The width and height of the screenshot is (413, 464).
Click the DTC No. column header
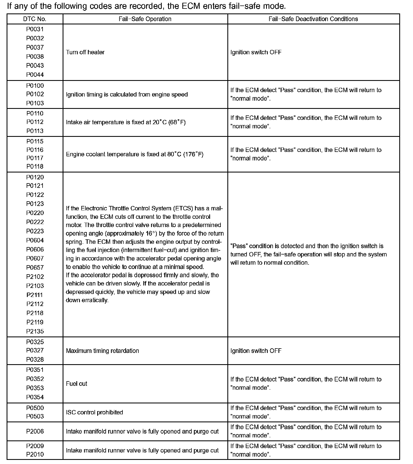tap(35, 19)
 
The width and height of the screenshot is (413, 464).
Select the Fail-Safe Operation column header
tap(145, 19)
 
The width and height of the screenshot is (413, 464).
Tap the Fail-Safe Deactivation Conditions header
tap(313, 19)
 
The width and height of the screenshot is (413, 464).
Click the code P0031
tap(35, 29)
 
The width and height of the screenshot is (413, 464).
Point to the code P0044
tap(35, 75)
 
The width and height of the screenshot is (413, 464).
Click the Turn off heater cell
tap(85, 52)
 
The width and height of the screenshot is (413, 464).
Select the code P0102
tap(35, 94)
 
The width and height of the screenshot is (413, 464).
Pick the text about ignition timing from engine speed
tap(127, 94)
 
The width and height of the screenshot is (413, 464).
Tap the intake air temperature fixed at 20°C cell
tap(126, 122)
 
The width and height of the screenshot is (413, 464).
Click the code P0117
tap(35, 158)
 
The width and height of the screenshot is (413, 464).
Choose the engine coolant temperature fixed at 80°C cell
tap(135, 154)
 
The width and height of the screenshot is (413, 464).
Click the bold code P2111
tap(35, 295)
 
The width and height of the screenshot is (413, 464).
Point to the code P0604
tap(35, 240)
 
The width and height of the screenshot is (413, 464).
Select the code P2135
tap(35, 331)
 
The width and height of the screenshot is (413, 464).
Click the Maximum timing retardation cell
tap(102, 351)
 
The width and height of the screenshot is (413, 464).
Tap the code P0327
tap(35, 350)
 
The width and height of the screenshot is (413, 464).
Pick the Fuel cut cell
tap(77, 384)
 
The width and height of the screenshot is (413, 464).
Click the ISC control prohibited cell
tap(94, 412)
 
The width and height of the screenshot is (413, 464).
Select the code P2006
tap(35, 431)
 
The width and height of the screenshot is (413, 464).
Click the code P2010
tap(35, 454)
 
